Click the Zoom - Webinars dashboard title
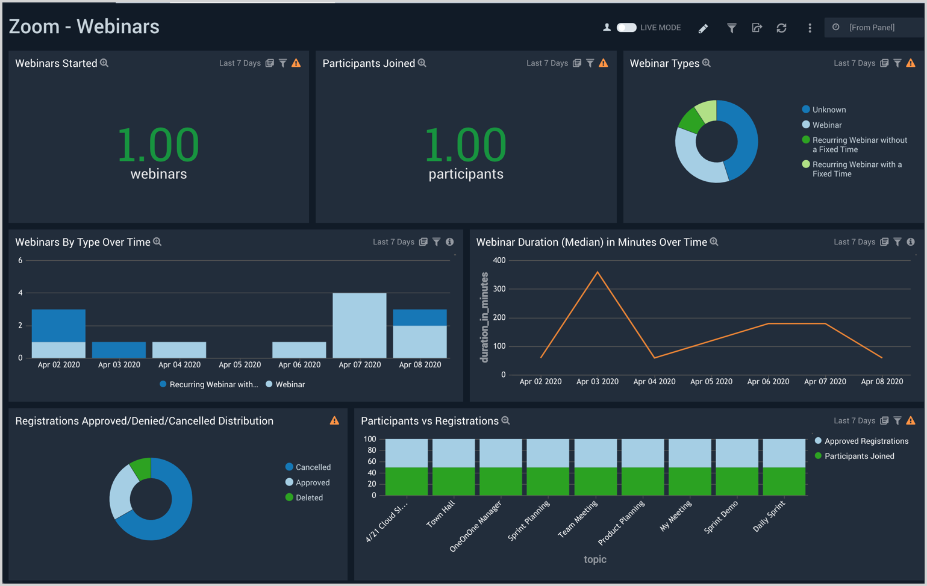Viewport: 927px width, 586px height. pos(84,26)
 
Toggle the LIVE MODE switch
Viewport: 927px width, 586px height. pos(626,28)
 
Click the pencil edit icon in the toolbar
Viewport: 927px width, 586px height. pos(703,28)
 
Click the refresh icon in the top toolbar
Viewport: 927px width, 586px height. pos(781,28)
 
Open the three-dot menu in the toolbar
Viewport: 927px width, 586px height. pos(810,28)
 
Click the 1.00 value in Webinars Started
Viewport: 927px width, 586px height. pos(158,145)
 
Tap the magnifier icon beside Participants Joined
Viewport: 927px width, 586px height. pos(422,63)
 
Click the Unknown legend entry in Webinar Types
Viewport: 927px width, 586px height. pos(828,110)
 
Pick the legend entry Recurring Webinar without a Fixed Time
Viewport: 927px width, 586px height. pos(859,145)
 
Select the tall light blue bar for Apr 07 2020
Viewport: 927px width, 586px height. pos(360,325)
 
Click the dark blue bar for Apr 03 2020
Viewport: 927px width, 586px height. pos(119,350)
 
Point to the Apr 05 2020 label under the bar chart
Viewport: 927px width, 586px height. pos(239,364)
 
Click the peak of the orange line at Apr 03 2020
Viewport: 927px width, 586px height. pos(598,272)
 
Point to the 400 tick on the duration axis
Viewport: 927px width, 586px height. pos(499,260)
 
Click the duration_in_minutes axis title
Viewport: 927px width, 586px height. pos(484,317)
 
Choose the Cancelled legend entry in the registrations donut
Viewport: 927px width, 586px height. pos(313,467)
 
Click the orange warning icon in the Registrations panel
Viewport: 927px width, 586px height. pos(334,421)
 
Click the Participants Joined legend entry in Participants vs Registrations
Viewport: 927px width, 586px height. pos(858,456)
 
